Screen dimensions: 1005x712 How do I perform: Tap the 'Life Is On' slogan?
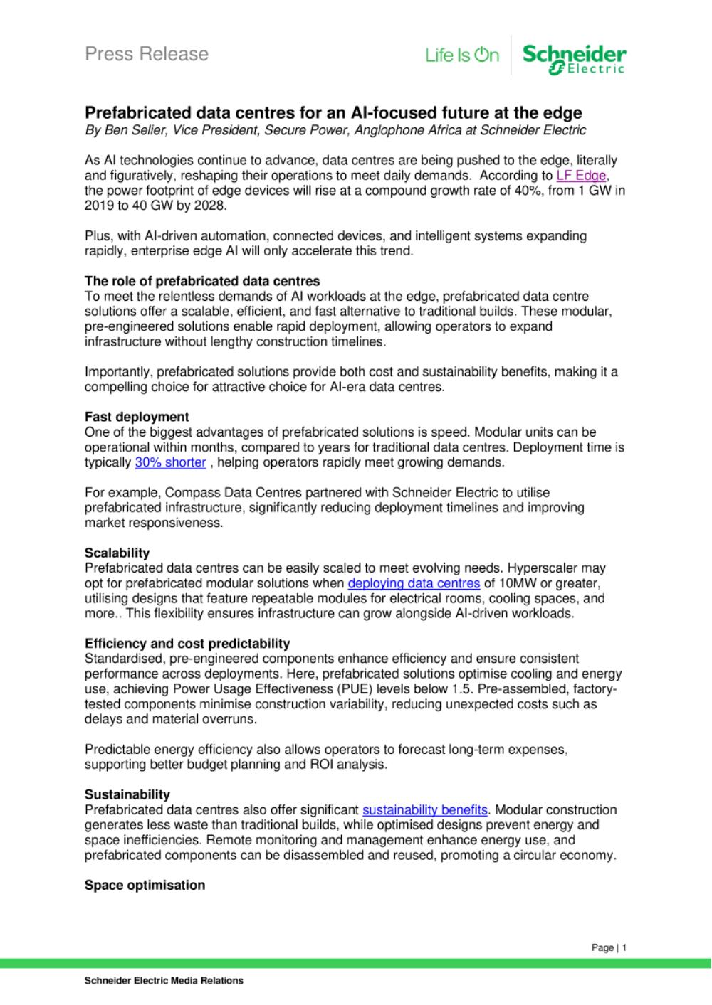click(462, 55)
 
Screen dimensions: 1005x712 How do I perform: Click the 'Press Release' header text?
click(147, 54)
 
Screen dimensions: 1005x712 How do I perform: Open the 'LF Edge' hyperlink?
click(581, 176)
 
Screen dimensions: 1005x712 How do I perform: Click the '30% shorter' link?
click(170, 463)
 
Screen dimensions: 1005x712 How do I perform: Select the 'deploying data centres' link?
click(414, 584)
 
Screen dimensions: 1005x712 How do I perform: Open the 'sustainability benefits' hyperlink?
click(425, 810)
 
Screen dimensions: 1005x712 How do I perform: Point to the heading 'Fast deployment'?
click(137, 418)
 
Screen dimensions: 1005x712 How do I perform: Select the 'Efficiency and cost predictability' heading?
click(187, 644)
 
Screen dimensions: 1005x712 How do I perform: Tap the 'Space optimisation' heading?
click(145, 886)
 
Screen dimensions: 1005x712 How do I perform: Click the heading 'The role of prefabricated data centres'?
click(202, 281)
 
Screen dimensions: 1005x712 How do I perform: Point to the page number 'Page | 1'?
click(609, 948)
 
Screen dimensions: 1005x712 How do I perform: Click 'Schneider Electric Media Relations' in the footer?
click(164, 981)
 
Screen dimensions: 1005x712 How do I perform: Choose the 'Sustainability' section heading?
click(127, 794)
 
